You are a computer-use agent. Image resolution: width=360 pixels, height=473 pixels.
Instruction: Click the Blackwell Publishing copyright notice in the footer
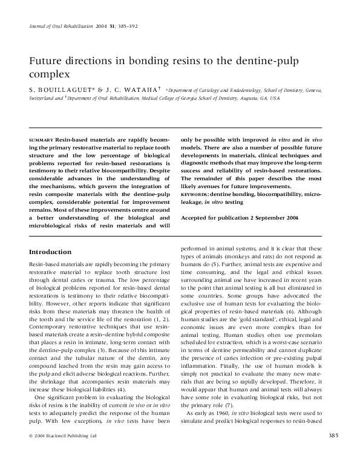(x=59, y=452)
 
